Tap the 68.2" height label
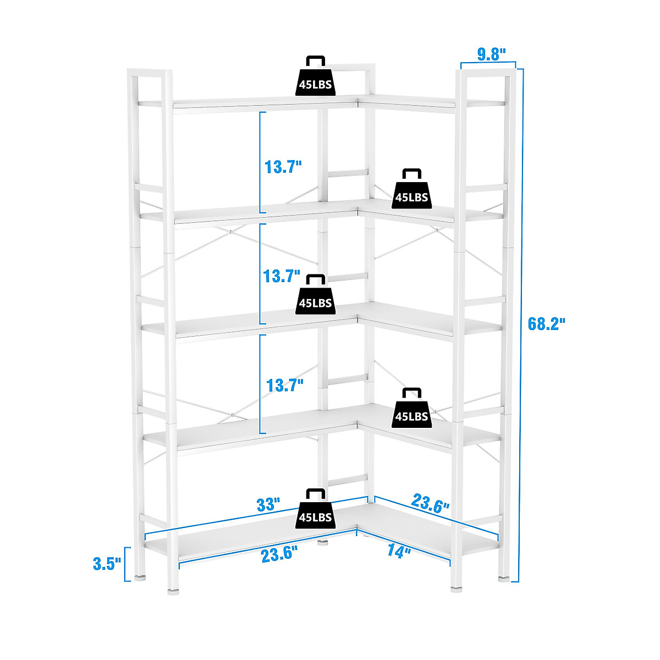547,323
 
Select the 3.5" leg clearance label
107,564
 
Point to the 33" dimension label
269,505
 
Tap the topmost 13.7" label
283,167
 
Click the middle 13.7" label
282,276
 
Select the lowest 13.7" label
284,385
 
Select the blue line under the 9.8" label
488,64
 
